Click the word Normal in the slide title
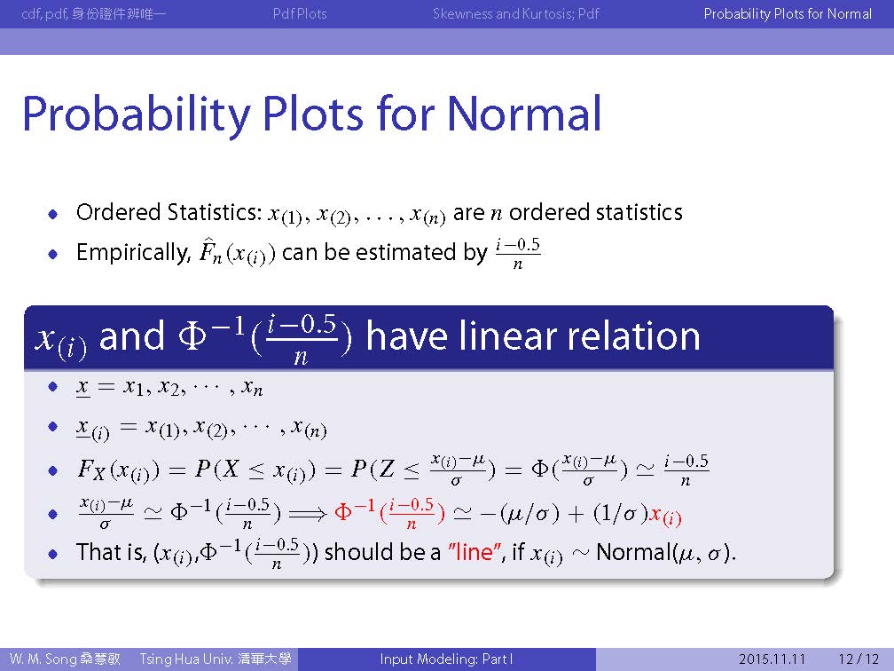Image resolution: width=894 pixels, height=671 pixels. click(x=524, y=114)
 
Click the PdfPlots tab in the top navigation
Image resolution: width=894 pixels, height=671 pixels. click(x=300, y=13)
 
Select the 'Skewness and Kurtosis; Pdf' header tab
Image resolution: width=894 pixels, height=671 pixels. click(x=516, y=13)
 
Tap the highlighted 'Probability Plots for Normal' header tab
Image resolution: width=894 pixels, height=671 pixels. click(x=788, y=13)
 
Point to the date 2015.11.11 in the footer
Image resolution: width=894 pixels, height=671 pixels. click(x=772, y=659)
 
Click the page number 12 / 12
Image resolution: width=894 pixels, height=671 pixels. click(x=859, y=659)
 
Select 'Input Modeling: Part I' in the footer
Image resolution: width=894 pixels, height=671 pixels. click(x=446, y=659)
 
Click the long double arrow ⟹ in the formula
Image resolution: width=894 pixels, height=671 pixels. click(x=308, y=513)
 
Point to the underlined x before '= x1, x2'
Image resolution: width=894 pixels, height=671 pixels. click(x=82, y=388)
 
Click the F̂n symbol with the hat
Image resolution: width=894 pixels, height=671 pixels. click(x=210, y=252)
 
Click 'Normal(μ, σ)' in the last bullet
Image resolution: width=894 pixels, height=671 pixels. click(x=666, y=552)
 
